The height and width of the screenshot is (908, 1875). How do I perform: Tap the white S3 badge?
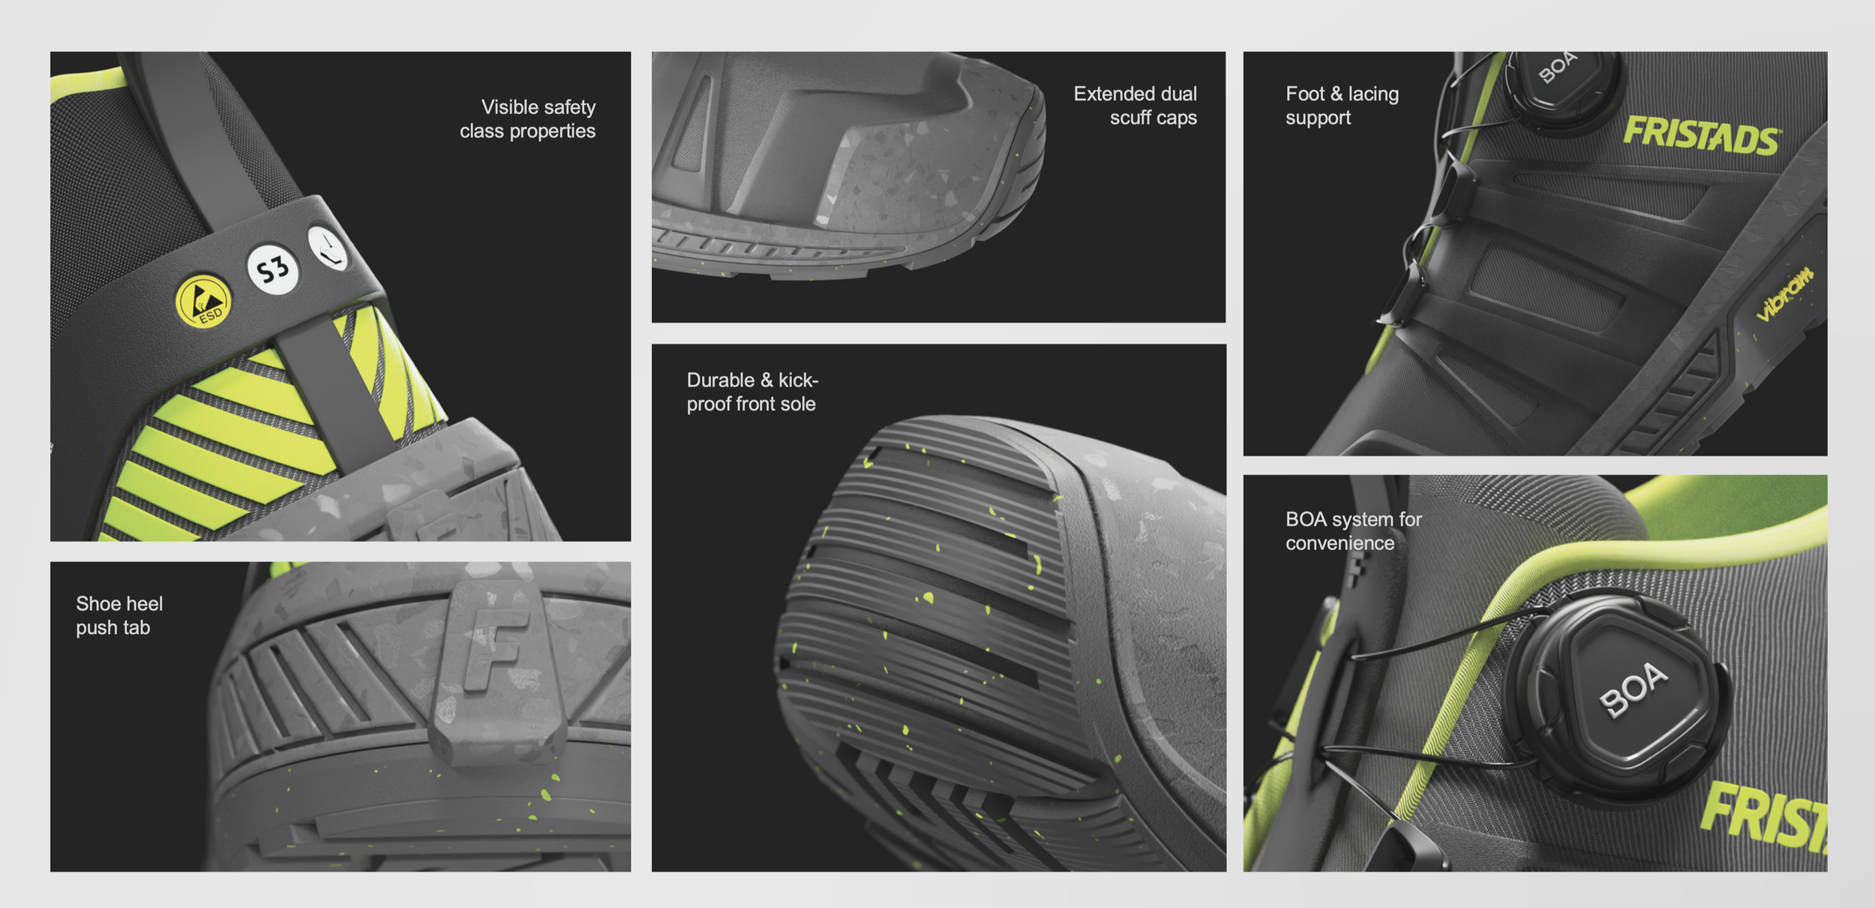pos(273,269)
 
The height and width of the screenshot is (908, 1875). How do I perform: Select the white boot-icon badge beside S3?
pos(328,248)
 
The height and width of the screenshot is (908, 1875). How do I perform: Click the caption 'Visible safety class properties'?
pos(528,119)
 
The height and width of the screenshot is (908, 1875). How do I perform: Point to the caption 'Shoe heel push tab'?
pos(119,615)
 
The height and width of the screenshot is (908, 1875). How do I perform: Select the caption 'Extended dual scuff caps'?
pos(1135,106)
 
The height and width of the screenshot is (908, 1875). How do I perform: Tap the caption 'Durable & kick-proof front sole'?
pos(752,392)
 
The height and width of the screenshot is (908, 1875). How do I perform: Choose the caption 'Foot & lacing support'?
pos(1342,106)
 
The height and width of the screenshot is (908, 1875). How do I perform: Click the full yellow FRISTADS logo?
pos(1701,136)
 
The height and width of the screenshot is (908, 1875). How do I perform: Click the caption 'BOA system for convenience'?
pos(1354,531)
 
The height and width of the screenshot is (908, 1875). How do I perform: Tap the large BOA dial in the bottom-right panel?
pos(1620,695)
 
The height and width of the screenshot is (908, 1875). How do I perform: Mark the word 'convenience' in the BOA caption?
pos(1340,543)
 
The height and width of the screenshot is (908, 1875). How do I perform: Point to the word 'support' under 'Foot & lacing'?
pos(1318,119)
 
